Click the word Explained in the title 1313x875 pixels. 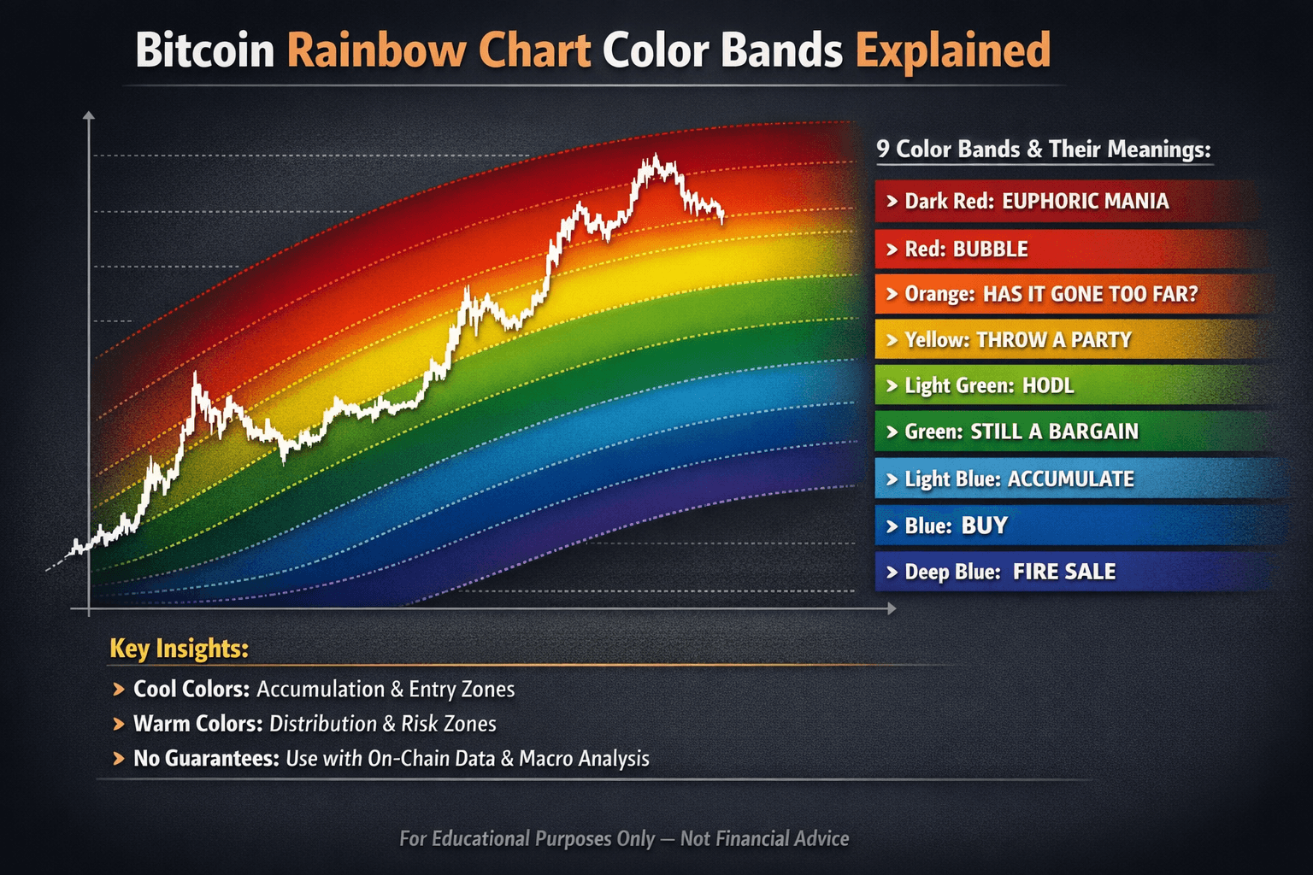point(953,50)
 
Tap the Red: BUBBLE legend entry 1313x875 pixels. point(966,250)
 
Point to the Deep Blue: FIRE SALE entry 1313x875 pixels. point(1010,572)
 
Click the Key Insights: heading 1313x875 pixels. point(179,649)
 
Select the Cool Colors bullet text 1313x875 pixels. point(324,689)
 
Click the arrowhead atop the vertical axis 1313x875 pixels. point(88,115)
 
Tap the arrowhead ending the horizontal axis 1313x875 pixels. point(892,608)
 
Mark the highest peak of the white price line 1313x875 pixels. point(655,156)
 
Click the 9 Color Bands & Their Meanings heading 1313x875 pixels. point(1044,150)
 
